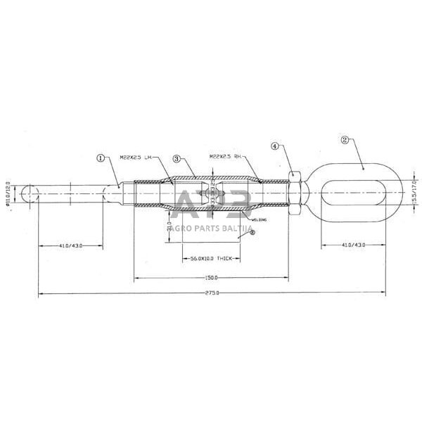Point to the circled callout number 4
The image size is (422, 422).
[276, 146]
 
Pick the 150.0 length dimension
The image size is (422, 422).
[211, 277]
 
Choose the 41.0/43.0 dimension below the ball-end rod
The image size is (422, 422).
[70, 245]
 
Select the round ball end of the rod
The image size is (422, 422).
[30, 193]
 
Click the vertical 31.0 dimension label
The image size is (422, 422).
[170, 227]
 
